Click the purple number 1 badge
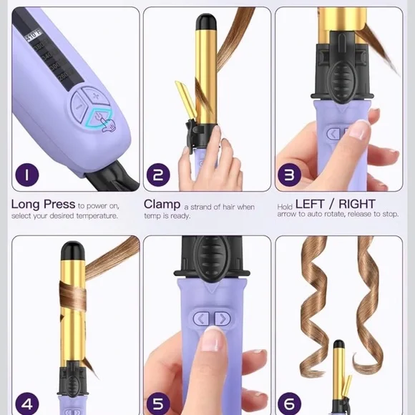pos(26,175)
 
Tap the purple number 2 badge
pos(159,175)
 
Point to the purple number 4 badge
pos(26,403)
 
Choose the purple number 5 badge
pos(159,403)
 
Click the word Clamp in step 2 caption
pos(162,205)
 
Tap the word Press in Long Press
pos(58,205)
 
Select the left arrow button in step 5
pos(202,318)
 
